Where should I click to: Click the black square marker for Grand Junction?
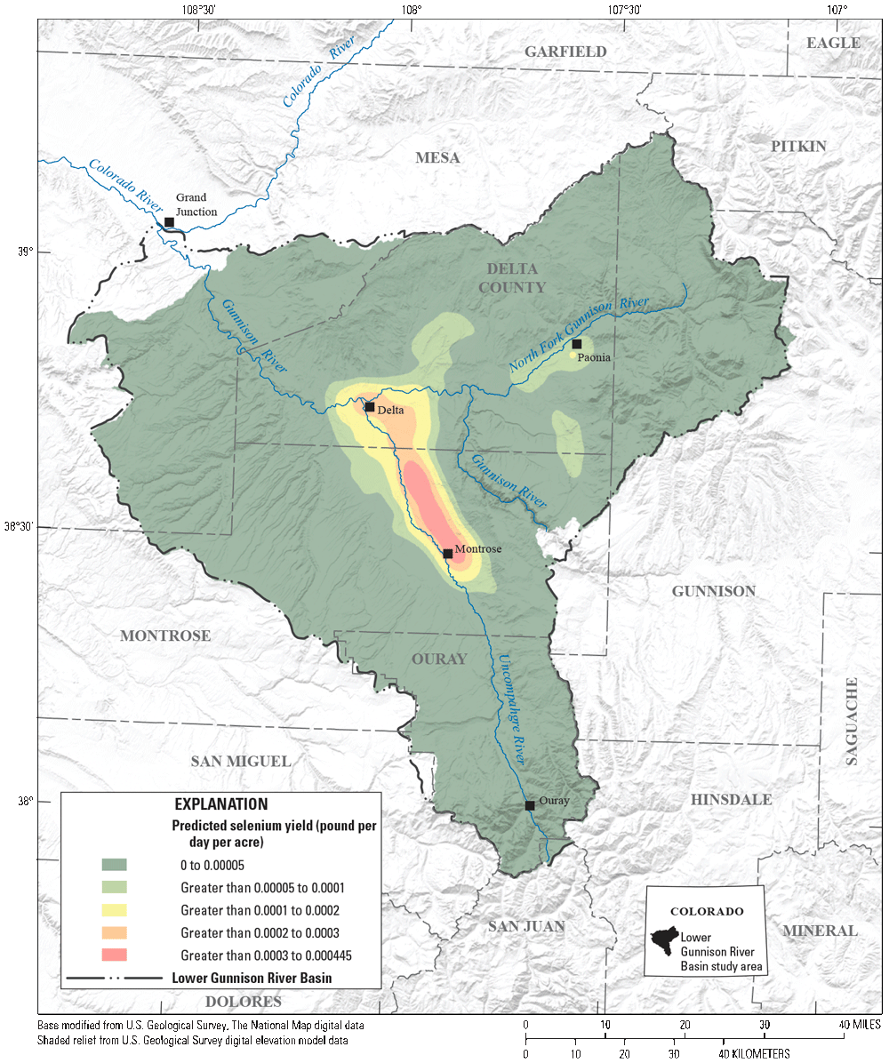169,222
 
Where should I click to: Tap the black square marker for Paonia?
577,344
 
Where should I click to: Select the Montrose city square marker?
448,554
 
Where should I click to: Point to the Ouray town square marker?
530,805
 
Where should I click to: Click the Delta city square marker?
369,407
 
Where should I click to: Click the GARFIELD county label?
565,52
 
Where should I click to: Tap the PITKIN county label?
798,146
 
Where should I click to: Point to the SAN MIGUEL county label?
241,762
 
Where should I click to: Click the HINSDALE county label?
731,800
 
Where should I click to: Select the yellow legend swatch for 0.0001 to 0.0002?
115,910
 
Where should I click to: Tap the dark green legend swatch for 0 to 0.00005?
115,864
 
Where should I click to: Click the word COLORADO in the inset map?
708,912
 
